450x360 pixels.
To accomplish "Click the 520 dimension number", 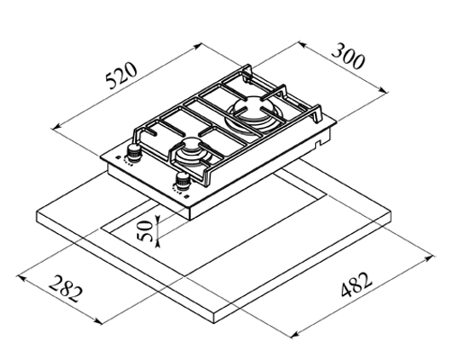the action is tap(122, 76).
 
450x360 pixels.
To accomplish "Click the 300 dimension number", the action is tap(348, 56).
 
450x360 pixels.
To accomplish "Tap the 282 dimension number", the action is tap(65, 289).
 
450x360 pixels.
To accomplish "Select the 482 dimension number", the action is tap(356, 284).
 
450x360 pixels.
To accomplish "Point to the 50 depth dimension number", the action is tap(146, 230).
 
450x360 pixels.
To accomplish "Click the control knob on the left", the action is tap(133, 152).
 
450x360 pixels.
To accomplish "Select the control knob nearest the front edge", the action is tap(182, 181).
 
